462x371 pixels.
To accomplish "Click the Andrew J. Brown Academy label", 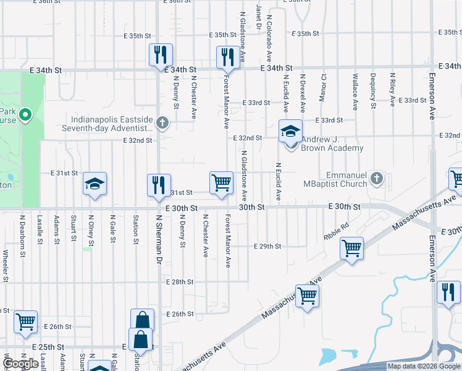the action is (332, 148).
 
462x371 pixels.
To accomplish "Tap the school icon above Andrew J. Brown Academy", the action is (290, 132).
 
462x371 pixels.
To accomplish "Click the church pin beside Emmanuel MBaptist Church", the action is (377, 179).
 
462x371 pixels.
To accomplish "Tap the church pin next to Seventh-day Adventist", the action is (162, 122).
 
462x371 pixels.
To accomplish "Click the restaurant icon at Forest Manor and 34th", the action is (227, 57).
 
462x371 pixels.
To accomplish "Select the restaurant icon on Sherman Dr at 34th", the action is (159, 54).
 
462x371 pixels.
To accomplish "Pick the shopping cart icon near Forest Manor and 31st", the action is (221, 183).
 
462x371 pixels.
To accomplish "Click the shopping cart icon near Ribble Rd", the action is (351, 249).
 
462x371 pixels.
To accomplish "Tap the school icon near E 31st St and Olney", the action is (95, 184).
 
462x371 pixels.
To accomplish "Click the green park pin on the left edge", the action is (25, 114).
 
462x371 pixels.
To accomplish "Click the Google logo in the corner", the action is (22, 364).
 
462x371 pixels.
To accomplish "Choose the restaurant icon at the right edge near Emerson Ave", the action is (448, 292).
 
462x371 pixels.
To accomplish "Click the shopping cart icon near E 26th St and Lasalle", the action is (26, 322).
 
